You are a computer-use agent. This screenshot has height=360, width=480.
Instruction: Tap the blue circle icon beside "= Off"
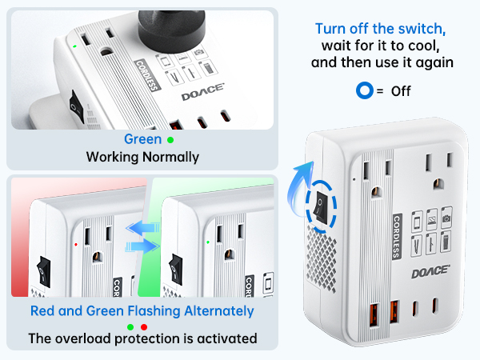(x=364, y=91)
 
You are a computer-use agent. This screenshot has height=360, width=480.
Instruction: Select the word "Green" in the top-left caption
(x=142, y=139)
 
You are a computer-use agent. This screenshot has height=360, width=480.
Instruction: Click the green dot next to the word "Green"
(x=170, y=140)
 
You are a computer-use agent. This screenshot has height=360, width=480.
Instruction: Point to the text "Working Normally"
(x=142, y=157)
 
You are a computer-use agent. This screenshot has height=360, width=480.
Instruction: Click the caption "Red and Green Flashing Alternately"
(x=142, y=310)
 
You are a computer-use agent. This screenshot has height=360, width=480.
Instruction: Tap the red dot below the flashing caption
(x=146, y=326)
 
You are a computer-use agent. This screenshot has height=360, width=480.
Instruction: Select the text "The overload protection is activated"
(x=142, y=338)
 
